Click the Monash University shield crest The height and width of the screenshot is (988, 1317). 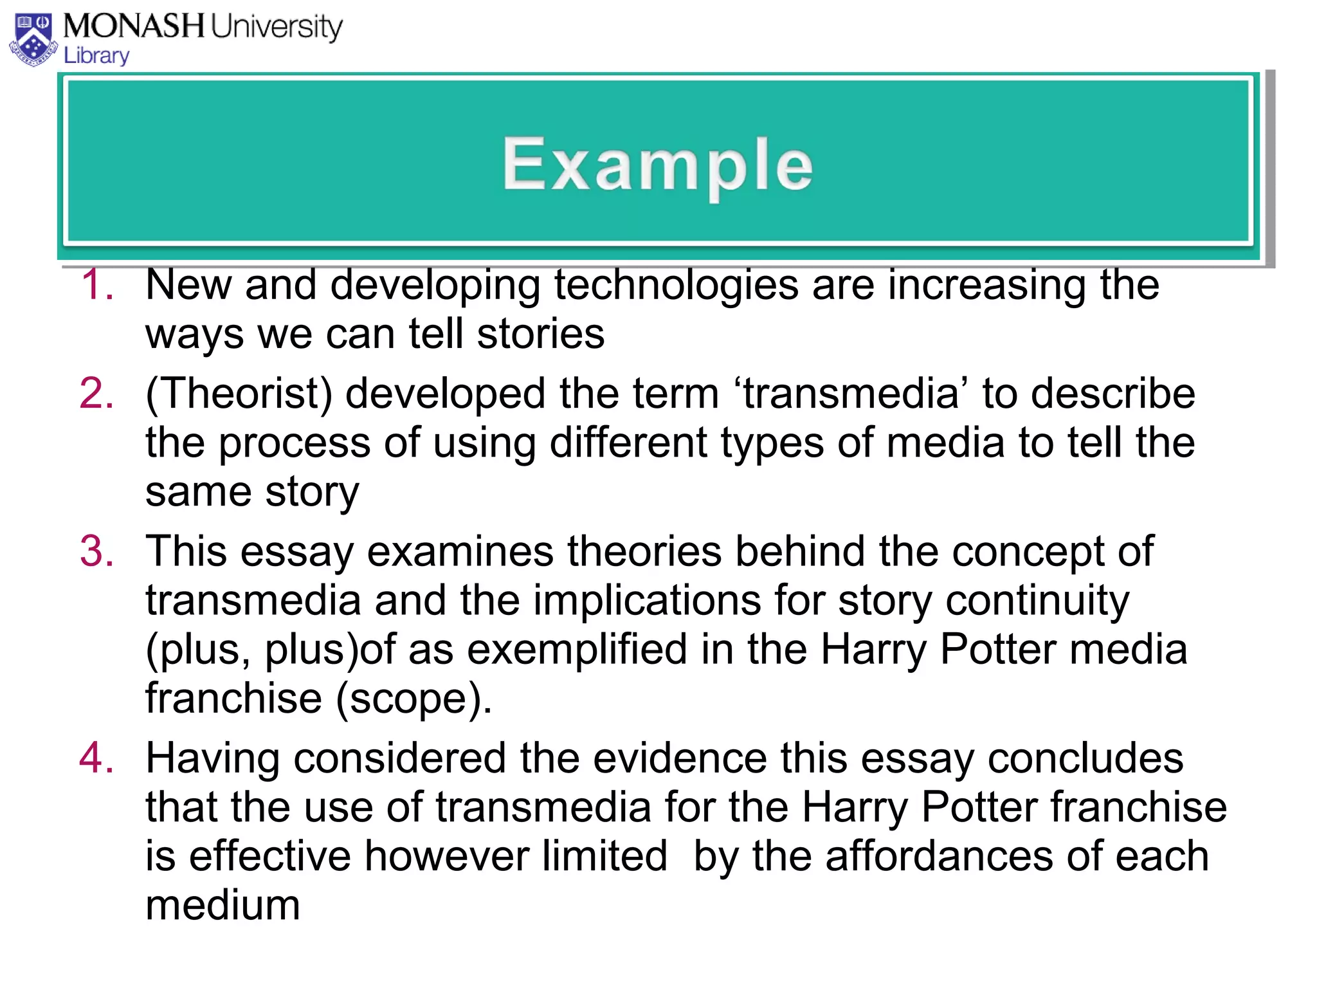click(33, 40)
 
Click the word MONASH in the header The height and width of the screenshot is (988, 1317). click(134, 27)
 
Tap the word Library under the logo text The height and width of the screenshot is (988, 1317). click(96, 56)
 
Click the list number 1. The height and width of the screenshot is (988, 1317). click(97, 284)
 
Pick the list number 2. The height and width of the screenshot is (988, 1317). click(97, 393)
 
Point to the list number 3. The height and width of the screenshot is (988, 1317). click(97, 551)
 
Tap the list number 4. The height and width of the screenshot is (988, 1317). click(97, 758)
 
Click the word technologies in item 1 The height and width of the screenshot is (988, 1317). click(676, 284)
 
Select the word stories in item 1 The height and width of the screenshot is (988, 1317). click(541, 334)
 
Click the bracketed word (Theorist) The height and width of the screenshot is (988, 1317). click(239, 393)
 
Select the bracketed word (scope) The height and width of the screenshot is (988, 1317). click(414, 699)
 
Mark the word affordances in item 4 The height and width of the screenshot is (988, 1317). click(938, 856)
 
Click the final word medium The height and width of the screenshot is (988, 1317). click(223, 905)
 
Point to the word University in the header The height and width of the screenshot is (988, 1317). click(277, 27)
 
